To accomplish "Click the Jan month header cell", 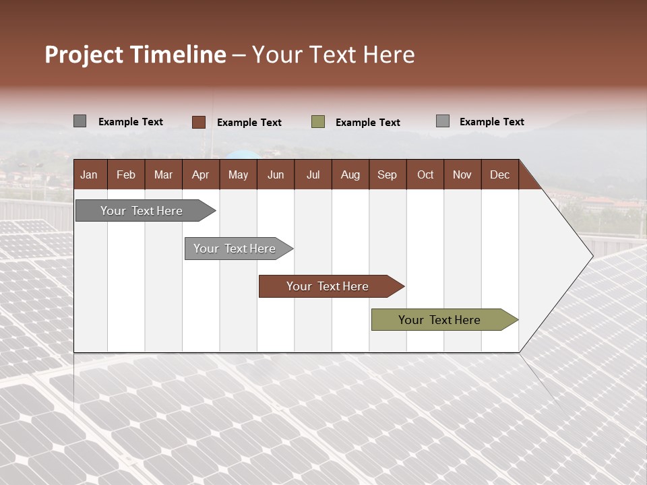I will click(89, 174).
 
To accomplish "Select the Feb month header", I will click(126, 174).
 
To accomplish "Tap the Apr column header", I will click(201, 174).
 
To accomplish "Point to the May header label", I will click(238, 174).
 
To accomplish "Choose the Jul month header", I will click(313, 174).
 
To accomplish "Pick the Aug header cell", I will click(350, 174).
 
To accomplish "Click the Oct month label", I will click(425, 174).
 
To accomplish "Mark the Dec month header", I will click(500, 174).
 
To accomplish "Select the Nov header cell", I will click(462, 174).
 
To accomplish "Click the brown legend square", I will click(199, 122).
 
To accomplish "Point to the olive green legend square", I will click(318, 122).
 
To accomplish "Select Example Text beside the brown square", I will click(249, 123).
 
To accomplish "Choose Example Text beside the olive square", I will click(368, 123).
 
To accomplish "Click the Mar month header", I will click(163, 174).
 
